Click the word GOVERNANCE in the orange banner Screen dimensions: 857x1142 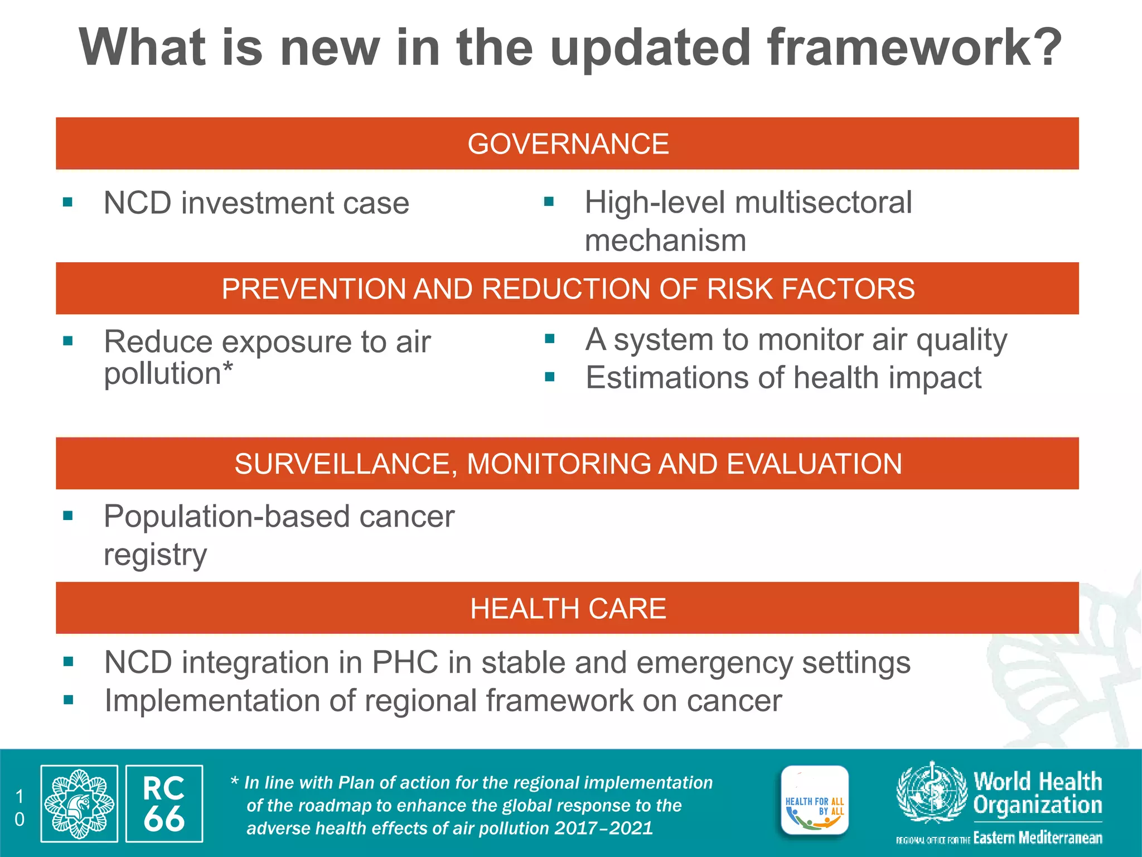pyautogui.click(x=568, y=144)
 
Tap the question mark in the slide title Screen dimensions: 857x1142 pyautogui.click(x=1043, y=48)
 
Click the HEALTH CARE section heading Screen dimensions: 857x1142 pyautogui.click(x=568, y=608)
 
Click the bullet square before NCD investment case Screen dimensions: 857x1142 pyautogui.click(x=68, y=202)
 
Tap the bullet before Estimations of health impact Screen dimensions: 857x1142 pyautogui.click(x=550, y=377)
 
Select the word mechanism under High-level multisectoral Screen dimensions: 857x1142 pyautogui.click(x=665, y=241)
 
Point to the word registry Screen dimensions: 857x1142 pyautogui.click(x=155, y=555)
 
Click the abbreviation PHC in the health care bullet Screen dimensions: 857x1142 pyautogui.click(x=405, y=663)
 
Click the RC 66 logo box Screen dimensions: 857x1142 pyautogui.click(x=164, y=803)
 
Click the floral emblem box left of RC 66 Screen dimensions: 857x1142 pyautogui.click(x=79, y=803)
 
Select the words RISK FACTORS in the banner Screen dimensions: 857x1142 pyautogui.click(x=811, y=289)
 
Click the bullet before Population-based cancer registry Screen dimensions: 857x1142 pyautogui.click(x=68, y=516)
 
